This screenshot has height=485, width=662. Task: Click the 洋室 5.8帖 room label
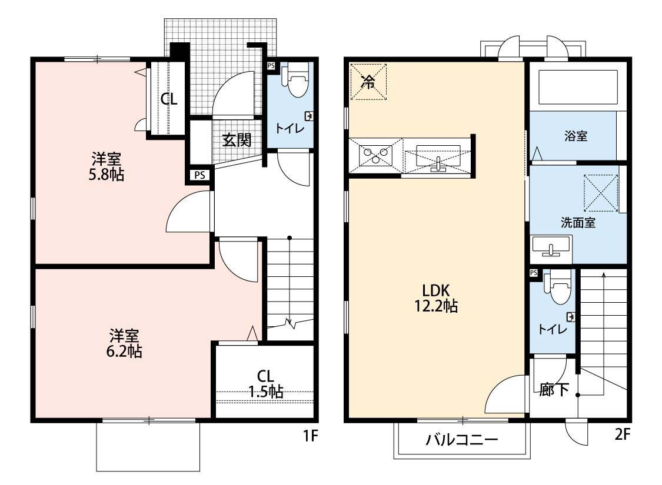(107, 166)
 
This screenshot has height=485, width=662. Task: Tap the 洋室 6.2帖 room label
(124, 344)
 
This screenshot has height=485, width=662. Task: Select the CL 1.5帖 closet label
(265, 383)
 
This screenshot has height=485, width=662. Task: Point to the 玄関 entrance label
(237, 140)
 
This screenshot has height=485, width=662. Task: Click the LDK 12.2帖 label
(436, 297)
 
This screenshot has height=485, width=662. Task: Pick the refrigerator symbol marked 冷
(368, 82)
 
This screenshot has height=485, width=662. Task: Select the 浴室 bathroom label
(575, 136)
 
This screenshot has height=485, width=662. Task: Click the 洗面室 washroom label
(577, 223)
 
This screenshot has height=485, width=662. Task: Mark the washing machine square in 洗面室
(600, 193)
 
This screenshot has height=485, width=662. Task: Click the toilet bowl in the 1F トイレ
(295, 82)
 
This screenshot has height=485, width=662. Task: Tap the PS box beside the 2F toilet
(534, 273)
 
